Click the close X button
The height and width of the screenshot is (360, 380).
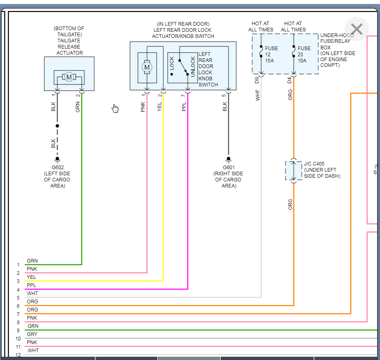(x=356, y=29)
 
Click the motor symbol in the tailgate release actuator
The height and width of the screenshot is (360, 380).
(x=69, y=77)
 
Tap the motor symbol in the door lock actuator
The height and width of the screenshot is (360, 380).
(x=147, y=67)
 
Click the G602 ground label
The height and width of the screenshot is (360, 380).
(x=57, y=168)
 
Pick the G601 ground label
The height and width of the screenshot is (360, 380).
(x=228, y=168)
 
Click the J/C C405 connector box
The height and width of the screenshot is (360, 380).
(x=293, y=171)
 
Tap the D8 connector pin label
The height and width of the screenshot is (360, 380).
(x=257, y=80)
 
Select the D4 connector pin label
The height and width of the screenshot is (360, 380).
(x=290, y=80)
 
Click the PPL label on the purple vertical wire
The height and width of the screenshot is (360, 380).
(x=184, y=107)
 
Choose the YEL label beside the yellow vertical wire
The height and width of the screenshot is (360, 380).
(x=160, y=107)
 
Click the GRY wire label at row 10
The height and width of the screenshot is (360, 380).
(x=32, y=334)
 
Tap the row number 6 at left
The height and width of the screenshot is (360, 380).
(x=18, y=306)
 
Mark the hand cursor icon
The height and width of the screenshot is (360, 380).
(x=115, y=108)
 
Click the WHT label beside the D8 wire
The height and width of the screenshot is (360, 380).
(x=257, y=95)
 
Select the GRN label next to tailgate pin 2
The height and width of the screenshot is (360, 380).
(x=78, y=107)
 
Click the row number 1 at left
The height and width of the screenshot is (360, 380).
(x=18, y=265)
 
